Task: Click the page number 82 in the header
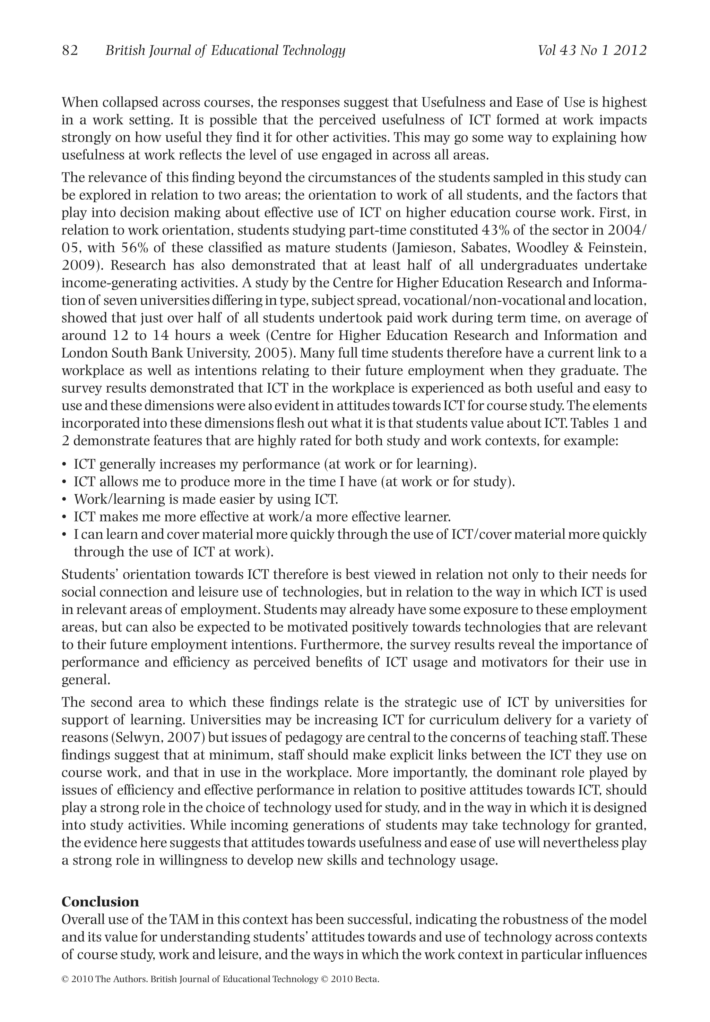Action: coord(70,51)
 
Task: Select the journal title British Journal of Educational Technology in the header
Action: coord(225,51)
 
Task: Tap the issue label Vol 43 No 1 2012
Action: coord(592,51)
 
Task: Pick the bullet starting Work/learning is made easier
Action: coord(206,500)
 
